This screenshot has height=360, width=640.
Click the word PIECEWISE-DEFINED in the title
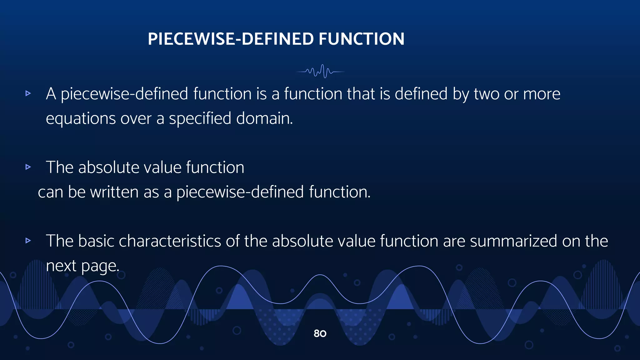click(x=231, y=39)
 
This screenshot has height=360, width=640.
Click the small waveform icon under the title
click(x=320, y=72)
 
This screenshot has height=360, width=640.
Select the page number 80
click(x=320, y=333)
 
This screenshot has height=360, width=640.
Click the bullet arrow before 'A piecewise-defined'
click(x=28, y=93)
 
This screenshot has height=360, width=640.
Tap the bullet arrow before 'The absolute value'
click(x=28, y=167)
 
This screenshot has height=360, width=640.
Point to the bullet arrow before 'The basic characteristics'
click(x=28, y=240)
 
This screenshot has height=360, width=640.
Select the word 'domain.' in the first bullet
click(x=264, y=119)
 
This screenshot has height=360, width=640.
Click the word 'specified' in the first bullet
click(x=200, y=119)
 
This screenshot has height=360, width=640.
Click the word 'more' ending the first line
click(x=542, y=94)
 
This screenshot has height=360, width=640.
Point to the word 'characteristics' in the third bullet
click(x=170, y=241)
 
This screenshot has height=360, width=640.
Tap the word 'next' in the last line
click(x=61, y=266)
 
